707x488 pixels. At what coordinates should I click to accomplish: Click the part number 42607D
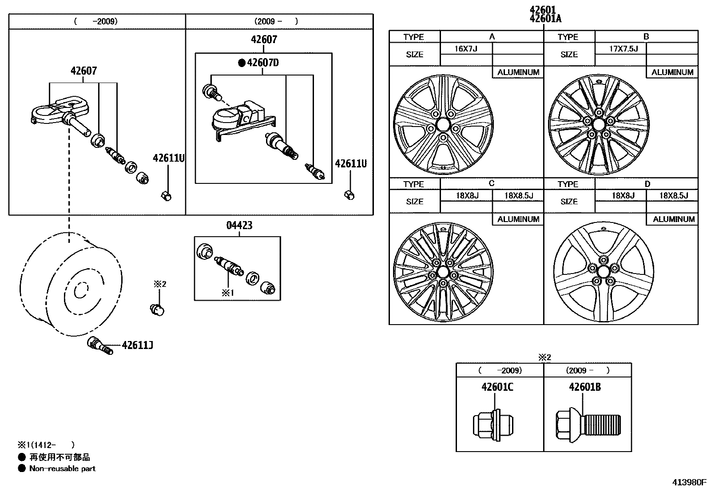(263, 63)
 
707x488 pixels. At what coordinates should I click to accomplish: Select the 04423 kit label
(239, 226)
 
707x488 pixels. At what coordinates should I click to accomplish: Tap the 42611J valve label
(138, 345)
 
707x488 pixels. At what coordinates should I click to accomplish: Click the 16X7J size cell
(466, 48)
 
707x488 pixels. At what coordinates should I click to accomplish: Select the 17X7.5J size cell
(620, 48)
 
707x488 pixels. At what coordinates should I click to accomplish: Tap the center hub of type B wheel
(598, 124)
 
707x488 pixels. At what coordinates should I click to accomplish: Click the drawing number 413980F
(688, 482)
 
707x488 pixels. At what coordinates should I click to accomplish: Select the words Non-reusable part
(62, 468)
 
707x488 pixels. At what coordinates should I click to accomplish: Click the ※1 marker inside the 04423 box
(227, 293)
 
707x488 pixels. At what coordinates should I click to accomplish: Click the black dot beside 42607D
(242, 63)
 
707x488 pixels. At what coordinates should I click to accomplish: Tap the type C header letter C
(492, 183)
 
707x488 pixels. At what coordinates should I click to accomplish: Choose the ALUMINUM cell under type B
(672, 72)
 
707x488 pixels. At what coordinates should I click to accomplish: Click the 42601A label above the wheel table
(545, 19)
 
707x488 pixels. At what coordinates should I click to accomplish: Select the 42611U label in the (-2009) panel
(168, 158)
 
